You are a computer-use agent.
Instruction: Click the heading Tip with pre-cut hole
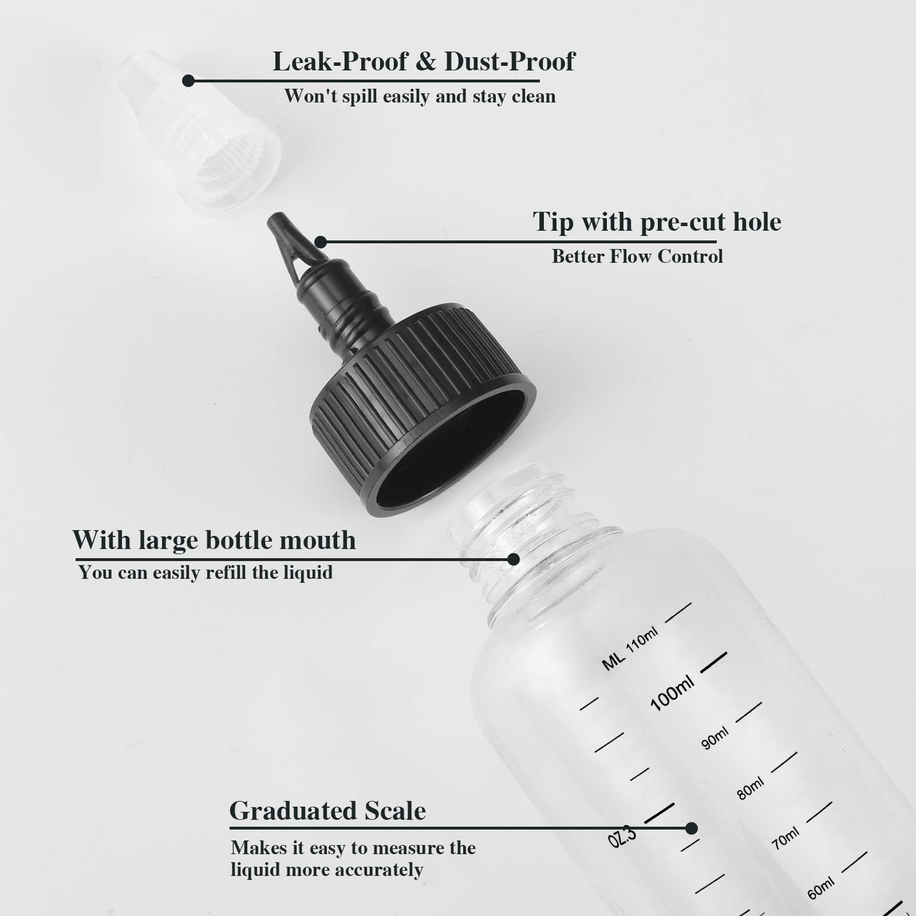(657, 222)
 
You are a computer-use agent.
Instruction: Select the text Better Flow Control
(637, 256)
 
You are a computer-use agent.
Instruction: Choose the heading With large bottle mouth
(214, 540)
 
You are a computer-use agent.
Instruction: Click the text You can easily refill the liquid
(206, 572)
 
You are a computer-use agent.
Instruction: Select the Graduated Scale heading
(327, 811)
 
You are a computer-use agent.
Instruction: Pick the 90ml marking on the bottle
(715, 738)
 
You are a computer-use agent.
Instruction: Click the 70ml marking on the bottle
(785, 839)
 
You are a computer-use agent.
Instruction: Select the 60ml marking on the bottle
(820, 889)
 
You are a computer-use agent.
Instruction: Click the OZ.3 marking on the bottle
(622, 838)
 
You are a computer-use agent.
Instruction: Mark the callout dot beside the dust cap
(188, 81)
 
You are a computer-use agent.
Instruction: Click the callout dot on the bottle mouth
(514, 559)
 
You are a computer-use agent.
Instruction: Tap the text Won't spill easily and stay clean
(420, 96)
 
